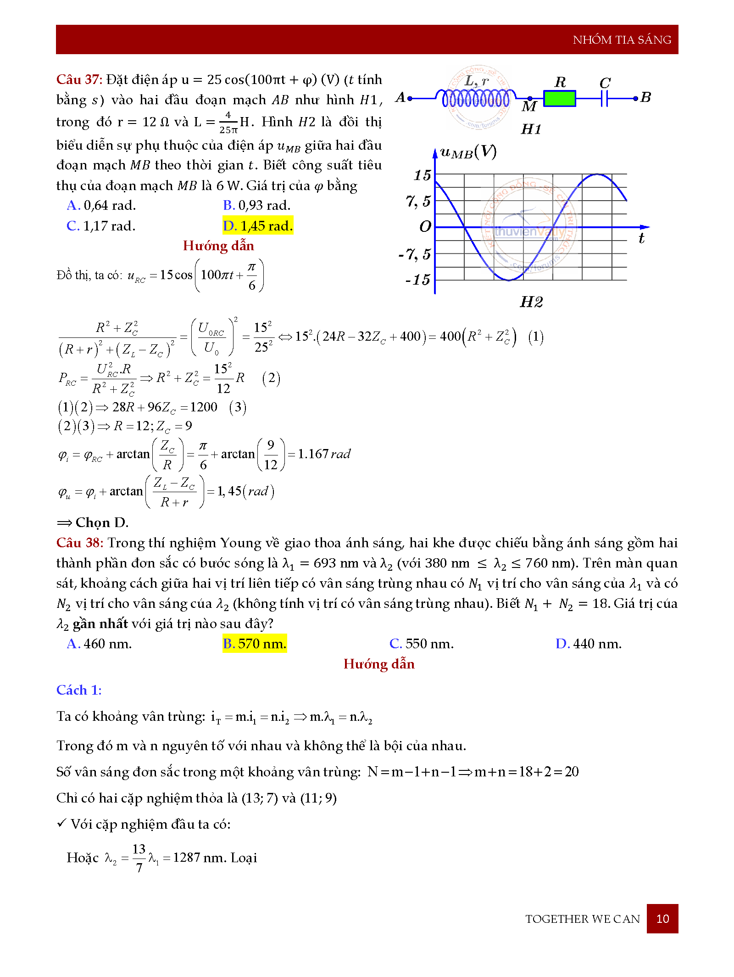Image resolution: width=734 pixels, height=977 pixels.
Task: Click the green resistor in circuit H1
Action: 559,98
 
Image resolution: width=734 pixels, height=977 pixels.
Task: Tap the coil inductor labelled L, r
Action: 476,98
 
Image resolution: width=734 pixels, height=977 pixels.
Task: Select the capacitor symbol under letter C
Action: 604,98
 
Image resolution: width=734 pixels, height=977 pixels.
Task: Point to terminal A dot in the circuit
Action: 410,98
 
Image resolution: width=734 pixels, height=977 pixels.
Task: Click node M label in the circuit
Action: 529,107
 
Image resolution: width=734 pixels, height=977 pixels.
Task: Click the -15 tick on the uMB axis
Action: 418,280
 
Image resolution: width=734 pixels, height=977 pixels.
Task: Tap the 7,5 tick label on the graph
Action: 418,201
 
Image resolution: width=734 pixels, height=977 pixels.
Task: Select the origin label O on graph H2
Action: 425,226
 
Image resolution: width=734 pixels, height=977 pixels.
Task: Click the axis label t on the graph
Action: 641,238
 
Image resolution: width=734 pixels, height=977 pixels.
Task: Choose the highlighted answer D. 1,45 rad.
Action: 258,226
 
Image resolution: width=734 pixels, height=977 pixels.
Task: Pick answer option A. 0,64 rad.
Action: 101,205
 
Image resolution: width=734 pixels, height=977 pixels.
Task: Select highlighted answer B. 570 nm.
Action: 255,644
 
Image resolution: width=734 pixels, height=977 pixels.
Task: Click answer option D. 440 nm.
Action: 589,644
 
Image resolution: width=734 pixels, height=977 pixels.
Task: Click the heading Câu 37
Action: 79,79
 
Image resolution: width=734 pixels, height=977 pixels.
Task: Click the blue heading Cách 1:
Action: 79,690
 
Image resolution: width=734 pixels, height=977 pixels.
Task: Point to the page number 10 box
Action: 662,919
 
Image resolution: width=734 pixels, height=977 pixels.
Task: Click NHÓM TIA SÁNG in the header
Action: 622,40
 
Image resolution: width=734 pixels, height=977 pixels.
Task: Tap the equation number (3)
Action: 238,407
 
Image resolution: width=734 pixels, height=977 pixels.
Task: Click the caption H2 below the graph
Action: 531,302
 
